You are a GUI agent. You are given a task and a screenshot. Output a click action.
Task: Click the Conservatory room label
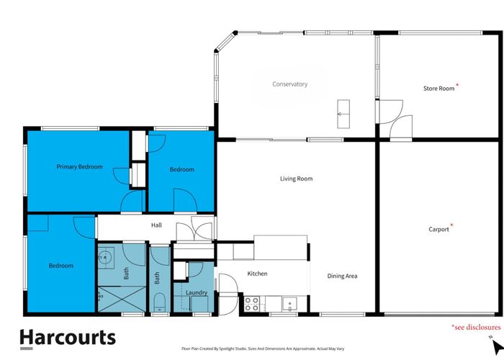pyautogui.click(x=289, y=84)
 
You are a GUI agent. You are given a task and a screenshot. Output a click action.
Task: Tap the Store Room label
pyautogui.click(x=438, y=89)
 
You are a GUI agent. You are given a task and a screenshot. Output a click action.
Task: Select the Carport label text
pyautogui.click(x=438, y=230)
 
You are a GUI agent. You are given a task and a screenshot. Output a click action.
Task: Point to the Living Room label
pyautogui.click(x=296, y=179)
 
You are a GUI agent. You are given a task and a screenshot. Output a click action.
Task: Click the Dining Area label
pyautogui.click(x=342, y=276)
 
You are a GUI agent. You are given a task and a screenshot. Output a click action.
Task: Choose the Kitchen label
pyautogui.click(x=257, y=274)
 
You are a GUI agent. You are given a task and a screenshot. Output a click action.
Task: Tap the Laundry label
pyautogui.click(x=197, y=293)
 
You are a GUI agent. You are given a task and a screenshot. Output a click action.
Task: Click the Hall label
pyautogui.click(x=156, y=225)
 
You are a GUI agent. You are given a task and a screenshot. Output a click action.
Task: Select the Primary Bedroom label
pyautogui.click(x=79, y=167)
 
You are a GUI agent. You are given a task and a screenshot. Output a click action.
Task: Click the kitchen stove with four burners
pyautogui.click(x=252, y=304)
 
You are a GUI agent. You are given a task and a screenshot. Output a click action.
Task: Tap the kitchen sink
pyautogui.click(x=289, y=304)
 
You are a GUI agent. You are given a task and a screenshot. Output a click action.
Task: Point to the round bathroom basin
pyautogui.click(x=105, y=257)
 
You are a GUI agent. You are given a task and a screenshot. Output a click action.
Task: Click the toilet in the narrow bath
pyautogui.click(x=159, y=302)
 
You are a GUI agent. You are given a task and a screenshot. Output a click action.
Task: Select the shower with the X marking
pyautogui.click(x=122, y=299)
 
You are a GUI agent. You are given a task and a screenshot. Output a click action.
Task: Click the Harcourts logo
pyautogui.click(x=68, y=338)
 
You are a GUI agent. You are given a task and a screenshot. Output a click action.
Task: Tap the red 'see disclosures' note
pyautogui.click(x=477, y=327)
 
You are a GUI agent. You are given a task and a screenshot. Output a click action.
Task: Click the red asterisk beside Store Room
pyautogui.click(x=457, y=85)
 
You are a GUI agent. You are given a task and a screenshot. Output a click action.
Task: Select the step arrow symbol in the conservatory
pyautogui.click(x=343, y=114)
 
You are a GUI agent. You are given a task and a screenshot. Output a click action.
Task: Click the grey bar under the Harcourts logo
pyautogui.click(x=27, y=348)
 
